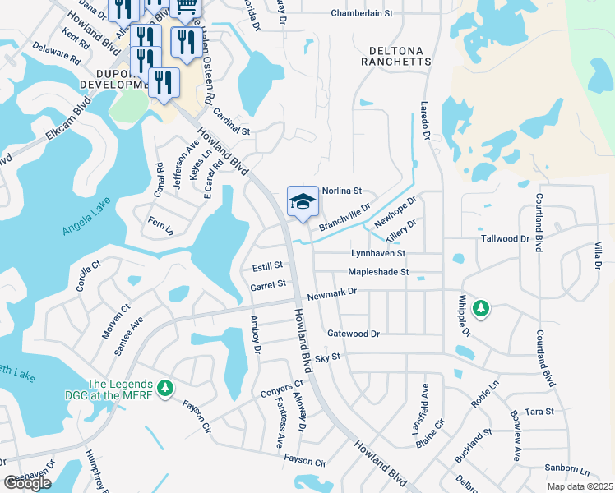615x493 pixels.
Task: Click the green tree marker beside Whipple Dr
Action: tap(482, 309)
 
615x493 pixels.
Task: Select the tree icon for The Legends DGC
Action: tap(165, 387)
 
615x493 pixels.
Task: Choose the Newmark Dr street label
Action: tap(332, 293)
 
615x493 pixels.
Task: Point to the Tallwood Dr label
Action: tap(506, 238)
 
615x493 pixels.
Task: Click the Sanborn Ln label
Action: tap(568, 472)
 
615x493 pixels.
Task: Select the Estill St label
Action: tap(267, 266)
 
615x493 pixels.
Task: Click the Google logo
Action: tap(28, 483)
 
